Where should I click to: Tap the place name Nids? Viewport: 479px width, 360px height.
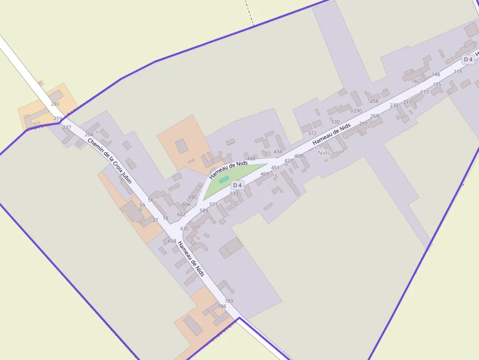[x=324, y=153]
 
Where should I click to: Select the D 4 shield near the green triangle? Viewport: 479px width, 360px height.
[x=238, y=185]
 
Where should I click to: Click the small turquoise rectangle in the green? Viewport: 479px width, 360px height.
[x=223, y=180]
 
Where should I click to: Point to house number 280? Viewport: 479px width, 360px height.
[x=55, y=104]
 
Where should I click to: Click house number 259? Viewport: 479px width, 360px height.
[x=58, y=119]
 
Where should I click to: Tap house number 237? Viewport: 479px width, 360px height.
[x=67, y=127]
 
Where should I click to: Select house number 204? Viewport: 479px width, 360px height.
[x=89, y=134]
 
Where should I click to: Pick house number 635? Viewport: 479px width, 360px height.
[x=184, y=229]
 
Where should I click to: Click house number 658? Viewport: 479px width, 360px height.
[x=172, y=241]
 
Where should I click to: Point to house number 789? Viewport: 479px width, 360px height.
[x=229, y=301]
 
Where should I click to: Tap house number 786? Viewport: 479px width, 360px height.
[x=222, y=306]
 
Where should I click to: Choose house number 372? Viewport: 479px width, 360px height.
[x=312, y=133]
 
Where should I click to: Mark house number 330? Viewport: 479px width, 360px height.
[x=335, y=122]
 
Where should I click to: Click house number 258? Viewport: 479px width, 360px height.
[x=374, y=101]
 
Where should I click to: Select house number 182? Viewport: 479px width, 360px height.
[x=416, y=81]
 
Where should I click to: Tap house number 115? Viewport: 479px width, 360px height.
[x=458, y=72]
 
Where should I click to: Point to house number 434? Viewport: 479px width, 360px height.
[x=278, y=152]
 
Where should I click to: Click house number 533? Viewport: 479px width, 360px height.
[x=234, y=193]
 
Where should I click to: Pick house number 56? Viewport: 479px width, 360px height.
[x=151, y=200]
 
